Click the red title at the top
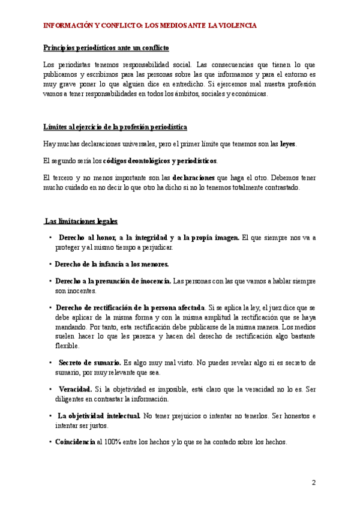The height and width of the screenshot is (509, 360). point(150,26)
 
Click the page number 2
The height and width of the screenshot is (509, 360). point(313,483)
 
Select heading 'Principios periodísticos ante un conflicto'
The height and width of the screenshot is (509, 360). point(106,47)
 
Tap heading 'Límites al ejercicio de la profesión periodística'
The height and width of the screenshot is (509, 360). point(115,127)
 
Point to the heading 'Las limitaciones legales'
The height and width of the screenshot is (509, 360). point(82,221)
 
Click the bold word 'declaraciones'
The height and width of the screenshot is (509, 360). point(194,178)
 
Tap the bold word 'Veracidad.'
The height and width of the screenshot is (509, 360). point(75,390)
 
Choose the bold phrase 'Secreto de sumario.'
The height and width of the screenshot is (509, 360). point(89,363)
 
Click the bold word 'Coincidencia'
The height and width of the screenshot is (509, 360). point(75,442)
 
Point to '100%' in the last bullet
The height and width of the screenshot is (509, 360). point(113,442)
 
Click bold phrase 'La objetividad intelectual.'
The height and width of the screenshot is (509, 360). point(100,416)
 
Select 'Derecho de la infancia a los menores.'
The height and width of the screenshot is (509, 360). point(112,264)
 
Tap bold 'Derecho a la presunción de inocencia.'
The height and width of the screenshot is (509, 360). point(113,281)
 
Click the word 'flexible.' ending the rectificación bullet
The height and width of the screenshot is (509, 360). point(67,346)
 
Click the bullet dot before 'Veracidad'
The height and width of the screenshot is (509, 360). point(50,390)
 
